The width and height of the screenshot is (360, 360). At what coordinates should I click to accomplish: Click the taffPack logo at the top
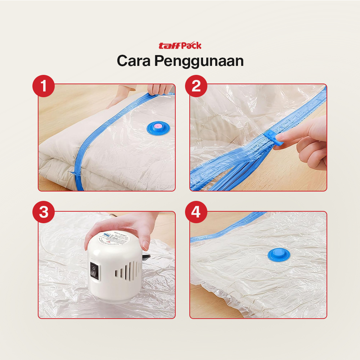[180, 46]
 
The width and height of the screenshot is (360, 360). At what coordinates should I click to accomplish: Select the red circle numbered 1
[44, 87]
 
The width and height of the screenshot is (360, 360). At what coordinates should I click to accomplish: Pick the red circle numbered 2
[196, 87]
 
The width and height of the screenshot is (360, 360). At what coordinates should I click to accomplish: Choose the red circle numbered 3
[44, 212]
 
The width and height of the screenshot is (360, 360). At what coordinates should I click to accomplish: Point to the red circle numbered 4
[196, 212]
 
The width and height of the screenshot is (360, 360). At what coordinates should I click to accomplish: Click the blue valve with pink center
[157, 127]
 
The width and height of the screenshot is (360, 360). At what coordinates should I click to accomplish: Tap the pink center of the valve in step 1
[157, 126]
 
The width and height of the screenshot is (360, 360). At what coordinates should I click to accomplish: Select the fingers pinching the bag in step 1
[160, 89]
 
